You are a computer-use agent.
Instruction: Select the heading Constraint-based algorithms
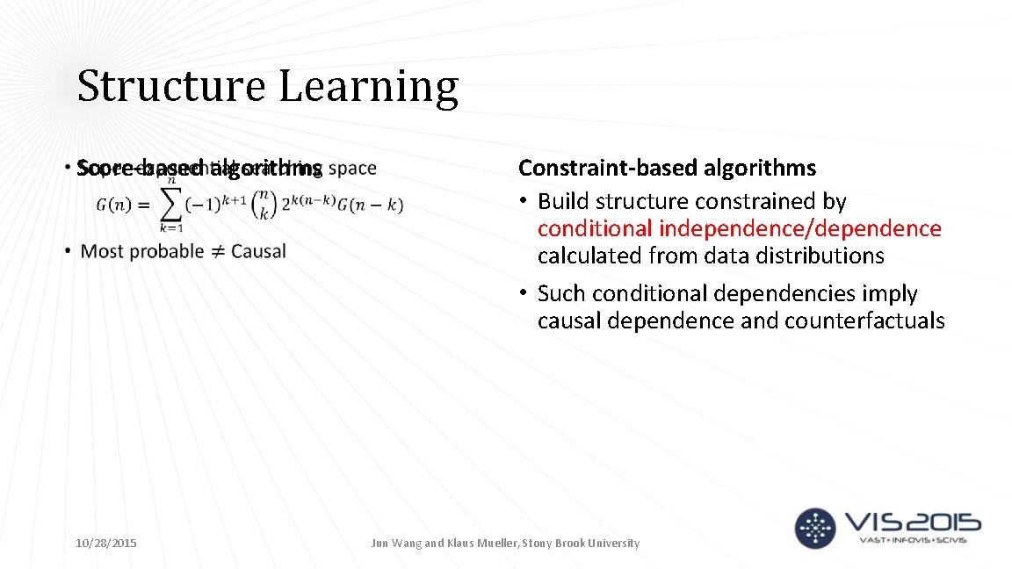(x=667, y=168)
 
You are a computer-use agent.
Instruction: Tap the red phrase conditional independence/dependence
(x=739, y=229)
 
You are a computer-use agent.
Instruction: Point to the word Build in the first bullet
(x=564, y=201)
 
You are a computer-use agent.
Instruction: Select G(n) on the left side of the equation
(x=115, y=205)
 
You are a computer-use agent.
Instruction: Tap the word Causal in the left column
(x=258, y=251)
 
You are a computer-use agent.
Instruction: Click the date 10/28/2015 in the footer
(x=105, y=544)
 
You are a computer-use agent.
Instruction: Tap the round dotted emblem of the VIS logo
(x=816, y=527)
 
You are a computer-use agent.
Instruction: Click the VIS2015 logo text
(x=911, y=524)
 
